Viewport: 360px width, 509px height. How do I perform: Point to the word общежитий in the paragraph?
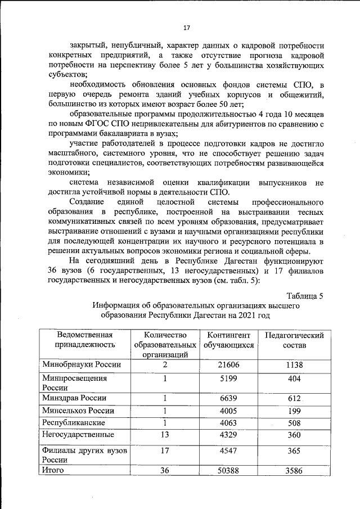point(301,94)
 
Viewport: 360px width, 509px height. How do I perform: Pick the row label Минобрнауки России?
point(82,365)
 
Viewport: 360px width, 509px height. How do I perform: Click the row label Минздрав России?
point(74,398)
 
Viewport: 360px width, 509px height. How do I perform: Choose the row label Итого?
point(53,470)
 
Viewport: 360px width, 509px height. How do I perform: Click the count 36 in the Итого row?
point(164,470)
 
